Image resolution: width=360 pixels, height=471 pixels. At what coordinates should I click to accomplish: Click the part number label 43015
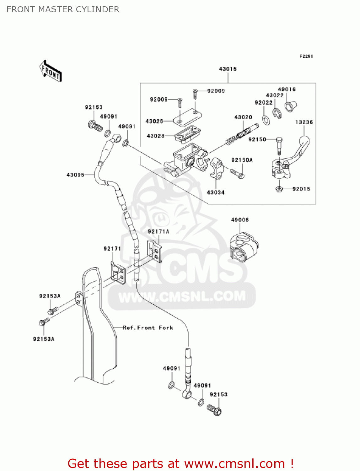(228, 69)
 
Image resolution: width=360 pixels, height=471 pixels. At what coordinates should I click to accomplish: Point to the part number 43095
(75, 175)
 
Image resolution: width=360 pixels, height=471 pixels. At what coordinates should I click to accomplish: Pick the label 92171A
(159, 232)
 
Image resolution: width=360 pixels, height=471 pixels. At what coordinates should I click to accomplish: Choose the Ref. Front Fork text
(148, 328)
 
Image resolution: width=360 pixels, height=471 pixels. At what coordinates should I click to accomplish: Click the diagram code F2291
(306, 57)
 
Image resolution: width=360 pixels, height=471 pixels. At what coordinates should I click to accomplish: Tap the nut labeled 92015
(279, 189)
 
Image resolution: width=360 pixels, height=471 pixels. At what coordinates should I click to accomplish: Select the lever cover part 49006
(244, 247)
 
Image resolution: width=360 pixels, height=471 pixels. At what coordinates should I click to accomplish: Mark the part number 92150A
(242, 160)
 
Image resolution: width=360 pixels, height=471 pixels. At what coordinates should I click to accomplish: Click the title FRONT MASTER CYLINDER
(63, 9)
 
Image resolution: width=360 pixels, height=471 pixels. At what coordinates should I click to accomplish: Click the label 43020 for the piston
(243, 117)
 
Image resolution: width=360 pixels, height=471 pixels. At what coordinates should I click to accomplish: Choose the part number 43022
(275, 95)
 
